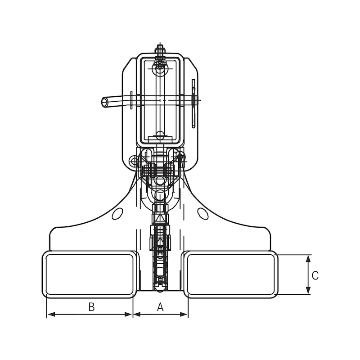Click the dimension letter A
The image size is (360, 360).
click(x=160, y=307)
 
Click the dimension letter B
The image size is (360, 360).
click(x=91, y=307)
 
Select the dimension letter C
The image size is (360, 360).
click(x=315, y=275)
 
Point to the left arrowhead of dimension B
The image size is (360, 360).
click(x=50, y=314)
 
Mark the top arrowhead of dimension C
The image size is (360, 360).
click(x=308, y=258)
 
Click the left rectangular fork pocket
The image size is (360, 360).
click(x=90, y=274)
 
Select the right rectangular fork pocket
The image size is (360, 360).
click(x=231, y=274)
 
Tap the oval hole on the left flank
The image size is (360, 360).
click(x=117, y=213)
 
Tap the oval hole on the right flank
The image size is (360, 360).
click(x=203, y=213)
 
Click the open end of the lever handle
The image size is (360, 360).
click(x=104, y=103)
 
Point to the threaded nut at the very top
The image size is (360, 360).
click(x=160, y=49)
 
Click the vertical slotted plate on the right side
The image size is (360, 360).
click(x=193, y=103)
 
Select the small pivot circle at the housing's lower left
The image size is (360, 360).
click(x=134, y=161)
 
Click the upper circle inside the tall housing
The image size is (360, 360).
click(x=160, y=68)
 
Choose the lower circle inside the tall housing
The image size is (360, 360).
click(x=160, y=135)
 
